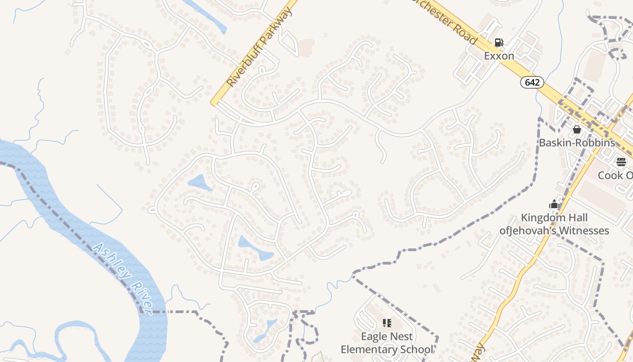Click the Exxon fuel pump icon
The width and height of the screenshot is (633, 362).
[499, 43]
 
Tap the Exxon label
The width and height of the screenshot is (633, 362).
[499, 56]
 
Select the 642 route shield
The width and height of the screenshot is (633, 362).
[532, 82]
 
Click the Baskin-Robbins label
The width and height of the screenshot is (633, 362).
[577, 143]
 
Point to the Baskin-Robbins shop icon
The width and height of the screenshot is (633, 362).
[577, 130]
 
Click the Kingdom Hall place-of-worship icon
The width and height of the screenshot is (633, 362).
[554, 205]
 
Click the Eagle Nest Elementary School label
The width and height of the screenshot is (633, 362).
[387, 343]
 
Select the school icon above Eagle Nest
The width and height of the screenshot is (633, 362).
[387, 323]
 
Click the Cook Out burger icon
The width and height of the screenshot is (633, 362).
[621, 162]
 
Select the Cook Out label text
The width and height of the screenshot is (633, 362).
[615, 175]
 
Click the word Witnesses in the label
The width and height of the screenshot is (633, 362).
[584, 231]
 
